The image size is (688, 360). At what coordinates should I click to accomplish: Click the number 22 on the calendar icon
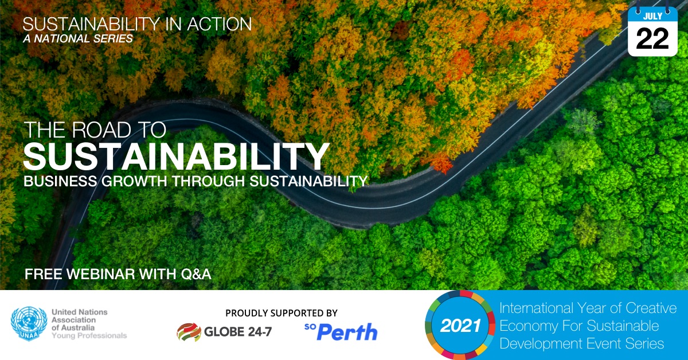652,39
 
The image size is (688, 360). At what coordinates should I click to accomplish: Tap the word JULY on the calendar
652,16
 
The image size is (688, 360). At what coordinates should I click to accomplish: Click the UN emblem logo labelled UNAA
29,323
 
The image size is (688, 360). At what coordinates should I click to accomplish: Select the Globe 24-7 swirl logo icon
189,332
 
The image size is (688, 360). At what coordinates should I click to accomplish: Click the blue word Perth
347,332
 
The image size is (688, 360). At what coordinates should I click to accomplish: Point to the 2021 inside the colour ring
460,326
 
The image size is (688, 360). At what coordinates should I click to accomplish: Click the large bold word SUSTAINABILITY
176,156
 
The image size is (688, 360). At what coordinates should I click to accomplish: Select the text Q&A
196,274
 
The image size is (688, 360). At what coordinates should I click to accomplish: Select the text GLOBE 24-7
238,332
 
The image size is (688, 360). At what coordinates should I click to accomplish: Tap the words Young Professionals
89,335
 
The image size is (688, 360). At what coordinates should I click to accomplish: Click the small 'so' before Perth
310,327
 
